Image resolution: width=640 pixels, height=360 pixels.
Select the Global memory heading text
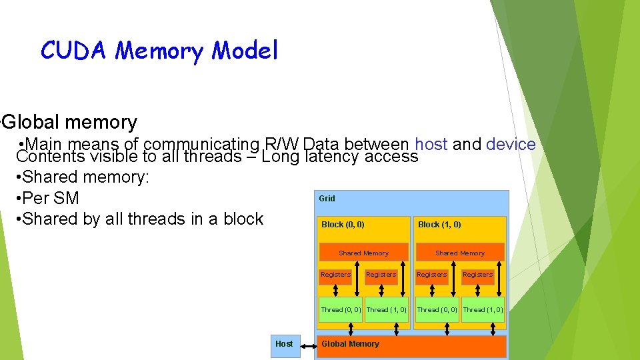70,122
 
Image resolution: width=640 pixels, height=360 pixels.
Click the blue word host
431,144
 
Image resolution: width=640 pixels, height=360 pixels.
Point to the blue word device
511,144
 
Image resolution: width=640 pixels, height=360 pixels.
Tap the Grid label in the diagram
327,198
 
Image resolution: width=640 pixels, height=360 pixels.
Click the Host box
284,344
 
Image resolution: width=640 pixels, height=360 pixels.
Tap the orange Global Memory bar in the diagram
411,345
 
